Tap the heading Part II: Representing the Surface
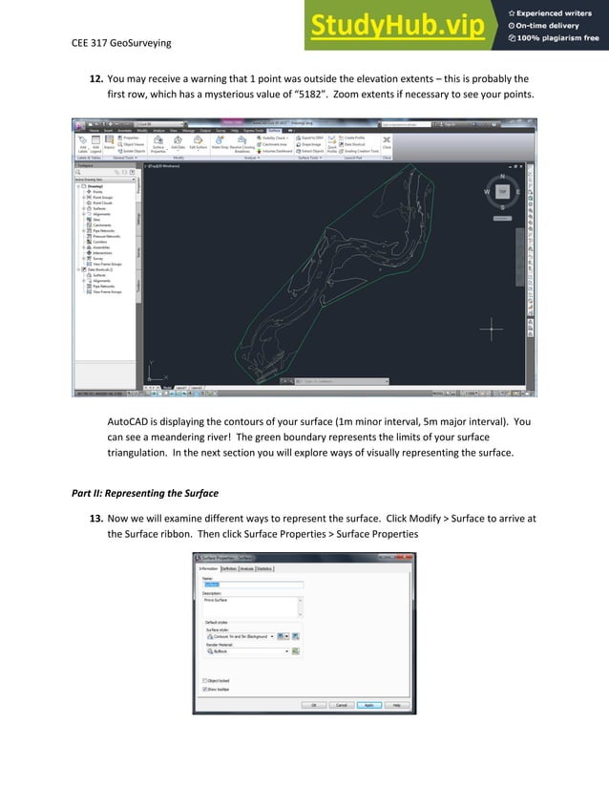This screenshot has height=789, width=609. tap(145, 494)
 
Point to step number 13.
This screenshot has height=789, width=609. tap(95, 518)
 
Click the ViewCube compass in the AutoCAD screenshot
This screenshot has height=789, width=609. tap(502, 191)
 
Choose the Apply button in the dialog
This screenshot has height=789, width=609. tap(368, 705)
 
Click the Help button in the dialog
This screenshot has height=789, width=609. tap(396, 705)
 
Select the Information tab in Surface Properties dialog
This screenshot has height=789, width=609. tap(207, 568)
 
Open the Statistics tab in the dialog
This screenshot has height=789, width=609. tap(263, 568)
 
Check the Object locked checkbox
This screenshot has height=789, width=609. tap(205, 679)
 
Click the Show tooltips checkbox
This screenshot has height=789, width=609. tap(205, 688)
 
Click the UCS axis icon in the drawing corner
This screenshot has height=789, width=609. tap(154, 374)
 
